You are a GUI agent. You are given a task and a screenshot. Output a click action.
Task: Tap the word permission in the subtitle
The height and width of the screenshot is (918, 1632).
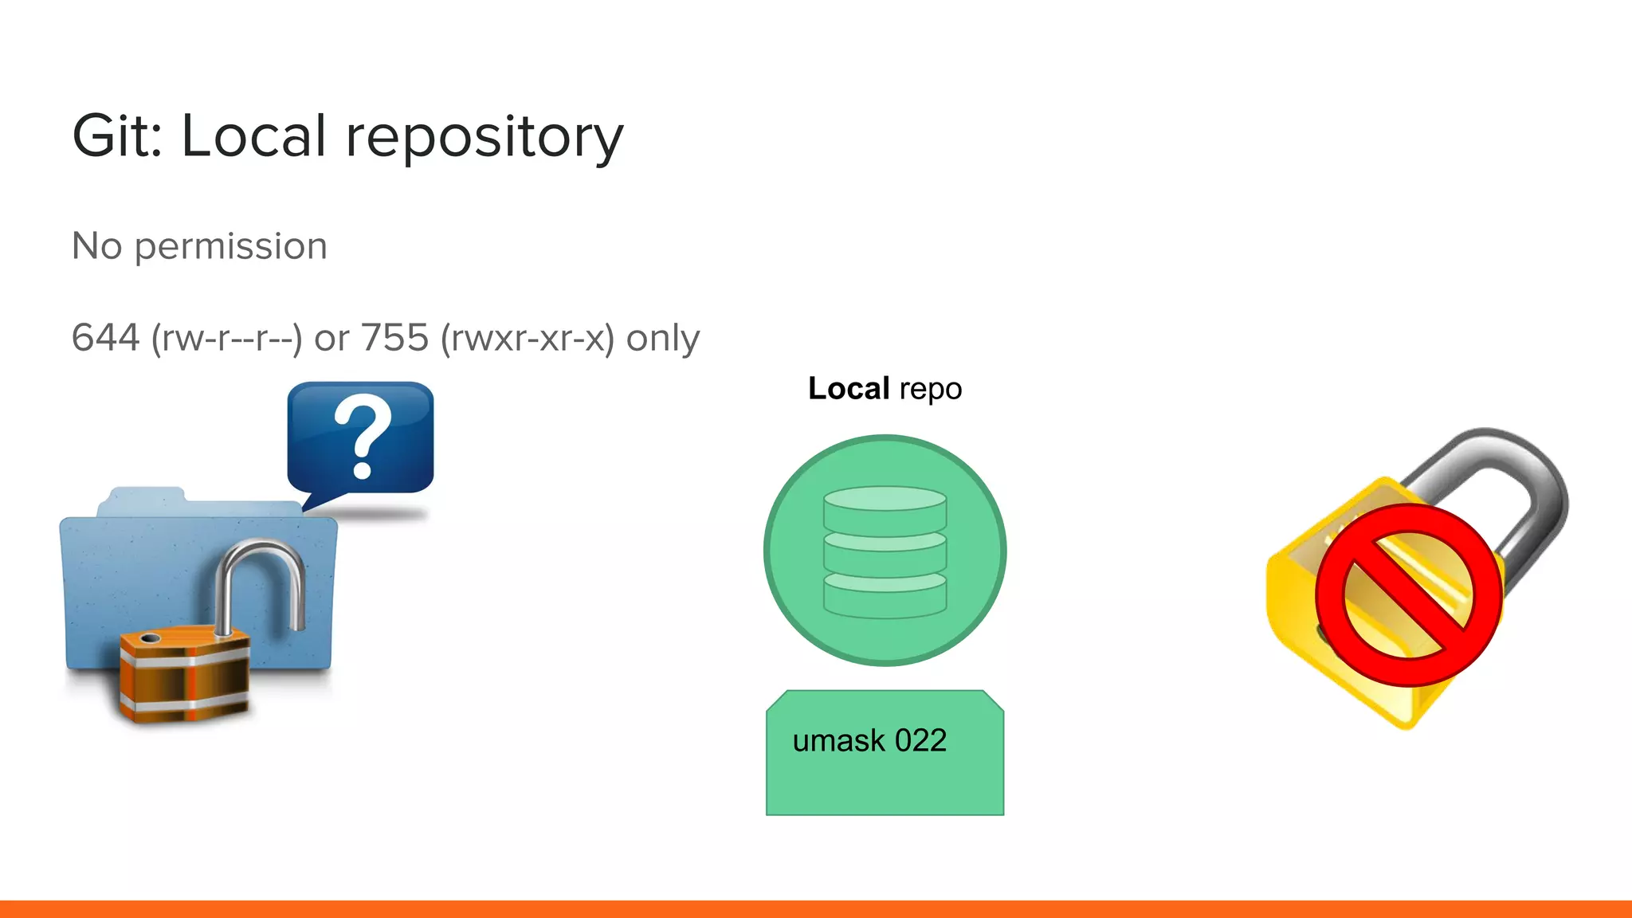click(230, 247)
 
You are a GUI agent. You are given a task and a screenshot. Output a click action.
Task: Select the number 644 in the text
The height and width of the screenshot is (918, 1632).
click(105, 338)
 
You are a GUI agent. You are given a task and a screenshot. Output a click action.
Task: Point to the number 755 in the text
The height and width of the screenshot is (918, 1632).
click(395, 338)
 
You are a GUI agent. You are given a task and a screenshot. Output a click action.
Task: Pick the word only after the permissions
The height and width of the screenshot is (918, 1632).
click(662, 338)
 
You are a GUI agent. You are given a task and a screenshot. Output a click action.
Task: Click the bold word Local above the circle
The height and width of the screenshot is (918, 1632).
click(848, 389)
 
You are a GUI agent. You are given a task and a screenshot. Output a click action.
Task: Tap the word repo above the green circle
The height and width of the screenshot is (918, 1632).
click(930, 390)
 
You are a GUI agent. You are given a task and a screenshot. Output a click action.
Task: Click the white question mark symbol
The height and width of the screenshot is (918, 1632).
click(363, 437)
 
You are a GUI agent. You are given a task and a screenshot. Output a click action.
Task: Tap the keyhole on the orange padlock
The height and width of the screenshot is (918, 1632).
click(150, 638)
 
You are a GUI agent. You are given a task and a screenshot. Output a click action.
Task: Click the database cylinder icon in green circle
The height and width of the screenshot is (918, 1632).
click(885, 551)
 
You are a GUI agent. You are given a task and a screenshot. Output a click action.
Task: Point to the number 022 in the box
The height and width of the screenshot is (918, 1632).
click(920, 741)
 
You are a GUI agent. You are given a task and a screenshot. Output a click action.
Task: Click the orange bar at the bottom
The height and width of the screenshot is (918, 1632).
click(816, 909)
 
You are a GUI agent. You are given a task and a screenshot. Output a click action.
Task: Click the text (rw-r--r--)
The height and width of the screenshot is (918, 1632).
click(226, 339)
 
